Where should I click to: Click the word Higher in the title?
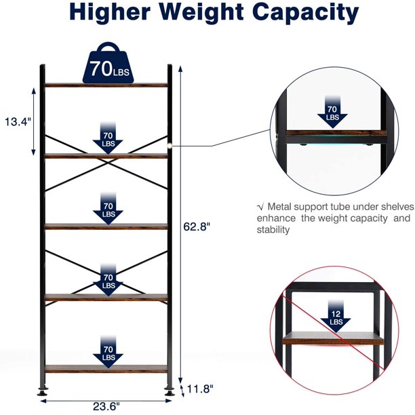click(110, 12)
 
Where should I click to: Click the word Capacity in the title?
click(306, 12)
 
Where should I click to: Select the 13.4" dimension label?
click(18, 122)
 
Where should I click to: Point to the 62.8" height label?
click(197, 226)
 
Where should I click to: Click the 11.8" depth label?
click(200, 389)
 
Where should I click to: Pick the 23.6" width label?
click(106, 406)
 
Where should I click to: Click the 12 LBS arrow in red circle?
click(336, 316)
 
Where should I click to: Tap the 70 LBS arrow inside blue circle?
click(332, 112)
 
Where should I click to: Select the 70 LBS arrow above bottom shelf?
click(108, 352)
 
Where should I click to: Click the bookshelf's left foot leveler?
click(42, 392)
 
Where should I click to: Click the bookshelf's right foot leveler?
click(169, 392)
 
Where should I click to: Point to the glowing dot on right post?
click(170, 145)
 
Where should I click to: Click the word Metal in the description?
click(279, 206)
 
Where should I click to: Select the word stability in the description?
click(273, 230)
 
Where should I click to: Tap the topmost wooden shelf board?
click(106, 85)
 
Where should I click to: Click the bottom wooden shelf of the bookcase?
click(106, 368)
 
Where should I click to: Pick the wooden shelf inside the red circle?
click(333, 338)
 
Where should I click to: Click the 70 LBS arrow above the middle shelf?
click(108, 209)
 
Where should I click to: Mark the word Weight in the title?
click(202, 12)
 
